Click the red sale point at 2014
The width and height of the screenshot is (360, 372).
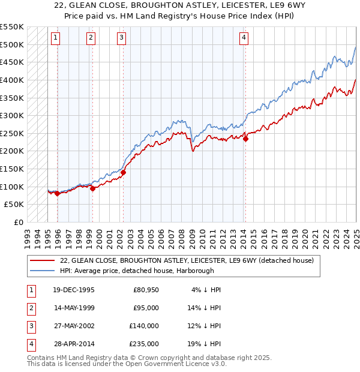(x=245, y=139)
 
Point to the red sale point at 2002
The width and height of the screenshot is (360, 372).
(x=123, y=172)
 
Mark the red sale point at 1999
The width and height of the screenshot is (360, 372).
(x=93, y=188)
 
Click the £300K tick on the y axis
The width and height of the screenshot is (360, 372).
(x=12, y=115)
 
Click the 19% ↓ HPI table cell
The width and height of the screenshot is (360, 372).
(x=206, y=344)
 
